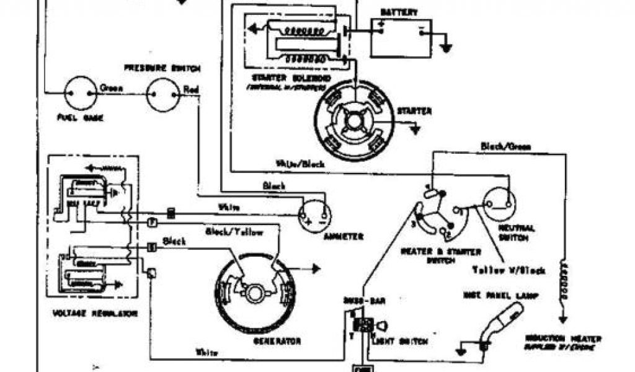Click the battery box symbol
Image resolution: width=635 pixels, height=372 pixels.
(x=401, y=38)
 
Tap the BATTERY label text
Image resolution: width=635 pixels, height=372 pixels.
(x=399, y=12)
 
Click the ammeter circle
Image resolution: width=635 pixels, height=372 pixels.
(x=316, y=216)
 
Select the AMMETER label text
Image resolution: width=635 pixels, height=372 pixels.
(x=342, y=236)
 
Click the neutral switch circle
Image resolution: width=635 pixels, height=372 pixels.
(x=500, y=203)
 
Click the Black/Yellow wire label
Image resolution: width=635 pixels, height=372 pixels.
(x=234, y=232)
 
